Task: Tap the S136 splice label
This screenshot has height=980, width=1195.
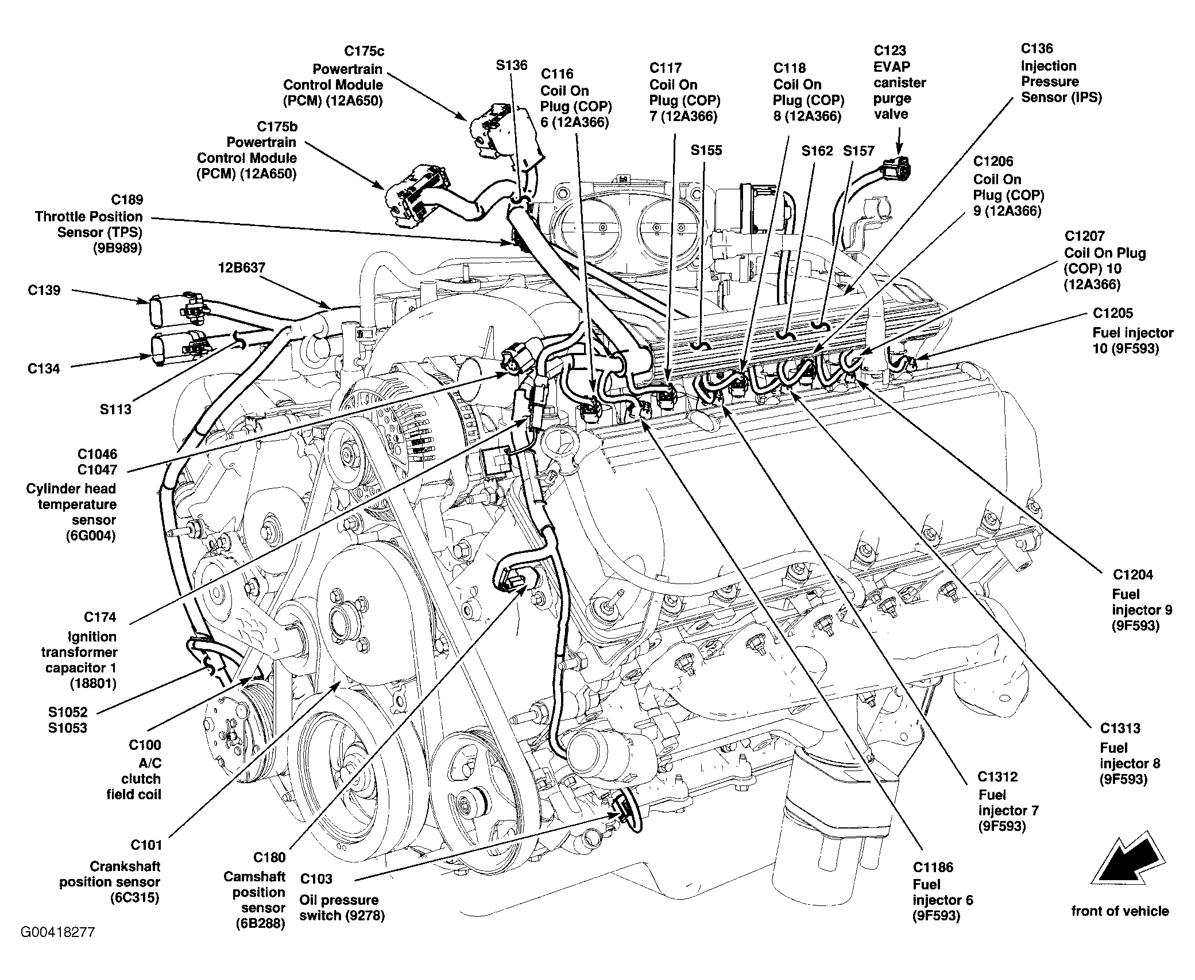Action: [x=512, y=65]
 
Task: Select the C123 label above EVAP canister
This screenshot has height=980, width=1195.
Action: [x=890, y=51]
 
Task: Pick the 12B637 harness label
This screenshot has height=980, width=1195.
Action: [x=241, y=268]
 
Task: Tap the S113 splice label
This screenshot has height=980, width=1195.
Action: [x=115, y=409]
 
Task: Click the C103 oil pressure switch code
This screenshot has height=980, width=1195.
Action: [x=316, y=879]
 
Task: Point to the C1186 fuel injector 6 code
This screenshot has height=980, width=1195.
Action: [x=933, y=867]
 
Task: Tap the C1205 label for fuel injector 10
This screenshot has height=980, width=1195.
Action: [x=1113, y=313]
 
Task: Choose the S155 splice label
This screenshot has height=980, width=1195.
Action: [x=706, y=150]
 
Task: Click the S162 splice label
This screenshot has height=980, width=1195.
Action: [x=817, y=151]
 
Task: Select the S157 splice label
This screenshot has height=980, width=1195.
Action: [x=858, y=151]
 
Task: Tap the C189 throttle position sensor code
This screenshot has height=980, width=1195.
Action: [x=127, y=200]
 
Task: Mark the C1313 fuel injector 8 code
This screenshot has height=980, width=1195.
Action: [x=1120, y=729]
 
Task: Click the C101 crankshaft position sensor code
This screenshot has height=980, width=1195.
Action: [x=146, y=845]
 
